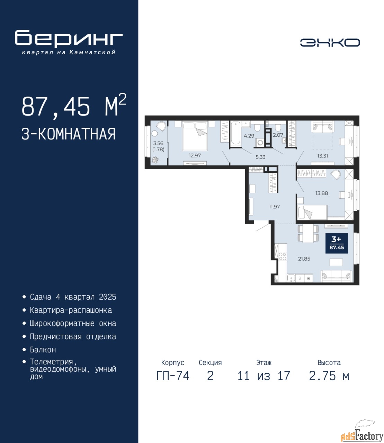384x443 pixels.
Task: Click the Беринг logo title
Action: click(x=69, y=38)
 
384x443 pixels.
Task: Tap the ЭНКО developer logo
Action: click(x=330, y=43)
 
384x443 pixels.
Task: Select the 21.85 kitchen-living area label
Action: click(x=304, y=259)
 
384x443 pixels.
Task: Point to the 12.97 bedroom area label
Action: click(x=195, y=156)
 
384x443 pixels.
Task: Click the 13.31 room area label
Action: click(x=322, y=156)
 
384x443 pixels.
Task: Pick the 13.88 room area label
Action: click(x=322, y=193)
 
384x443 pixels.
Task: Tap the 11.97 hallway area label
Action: click(x=274, y=207)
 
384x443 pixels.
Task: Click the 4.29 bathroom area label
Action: click(x=249, y=136)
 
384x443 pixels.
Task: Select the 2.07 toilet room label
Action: click(x=278, y=135)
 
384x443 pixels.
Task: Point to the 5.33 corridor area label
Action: click(x=260, y=157)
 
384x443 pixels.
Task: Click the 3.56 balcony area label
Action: click(x=158, y=143)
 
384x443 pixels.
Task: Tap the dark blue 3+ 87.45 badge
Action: click(x=337, y=243)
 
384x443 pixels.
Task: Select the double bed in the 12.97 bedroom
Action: click(x=195, y=135)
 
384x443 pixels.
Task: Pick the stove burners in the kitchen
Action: click(x=282, y=256)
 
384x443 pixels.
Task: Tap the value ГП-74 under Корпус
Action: click(x=172, y=376)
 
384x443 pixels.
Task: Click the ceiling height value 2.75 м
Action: click(x=329, y=376)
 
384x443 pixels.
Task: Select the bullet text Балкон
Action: click(x=43, y=350)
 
